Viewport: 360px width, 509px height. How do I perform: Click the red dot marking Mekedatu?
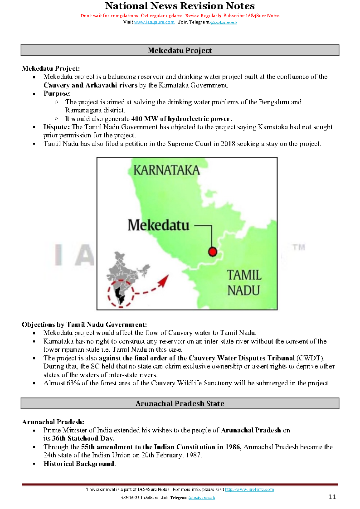(212, 252)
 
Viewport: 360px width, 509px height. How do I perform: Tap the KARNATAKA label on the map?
(166, 170)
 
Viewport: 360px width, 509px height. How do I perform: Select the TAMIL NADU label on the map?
(244, 281)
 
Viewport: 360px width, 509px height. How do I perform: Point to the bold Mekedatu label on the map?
(158, 225)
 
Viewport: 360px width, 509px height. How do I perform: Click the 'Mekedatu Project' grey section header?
(180, 50)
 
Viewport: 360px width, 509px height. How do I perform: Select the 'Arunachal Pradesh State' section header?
(180, 403)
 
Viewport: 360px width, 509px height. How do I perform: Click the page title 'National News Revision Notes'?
(180, 6)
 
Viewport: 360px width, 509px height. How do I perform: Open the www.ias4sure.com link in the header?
(154, 22)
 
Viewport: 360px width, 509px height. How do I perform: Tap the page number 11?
(332, 497)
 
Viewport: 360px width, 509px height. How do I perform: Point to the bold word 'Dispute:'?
(57, 127)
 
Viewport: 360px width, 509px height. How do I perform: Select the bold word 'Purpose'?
(56, 93)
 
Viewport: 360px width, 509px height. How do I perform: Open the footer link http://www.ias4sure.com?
(249, 490)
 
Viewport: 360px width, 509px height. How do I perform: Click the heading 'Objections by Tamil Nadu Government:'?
(84, 325)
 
